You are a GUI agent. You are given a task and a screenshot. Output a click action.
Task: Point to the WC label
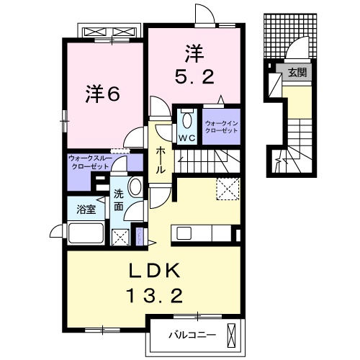tap(187, 138)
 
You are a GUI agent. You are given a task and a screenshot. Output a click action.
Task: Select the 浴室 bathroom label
tap(86, 210)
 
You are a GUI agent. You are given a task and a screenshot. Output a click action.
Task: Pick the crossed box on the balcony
tap(230, 333)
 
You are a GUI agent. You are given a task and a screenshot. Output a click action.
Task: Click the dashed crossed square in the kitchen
tap(227, 190)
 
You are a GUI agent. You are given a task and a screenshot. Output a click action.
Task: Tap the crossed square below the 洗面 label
tap(120, 236)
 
